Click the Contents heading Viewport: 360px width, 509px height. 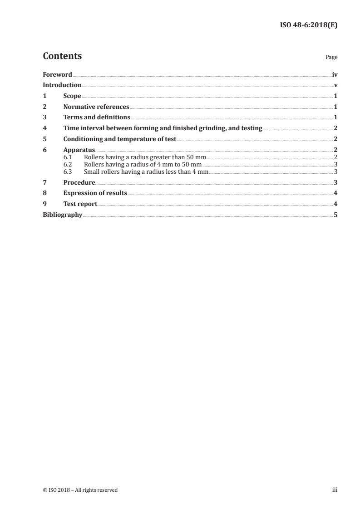tap(62, 56)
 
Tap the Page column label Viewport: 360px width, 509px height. tap(331, 58)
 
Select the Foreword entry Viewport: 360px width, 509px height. tap(57, 74)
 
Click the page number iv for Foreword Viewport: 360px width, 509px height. tap(335, 74)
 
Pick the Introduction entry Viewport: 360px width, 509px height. tap(62, 85)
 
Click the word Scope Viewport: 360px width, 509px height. tap(72, 96)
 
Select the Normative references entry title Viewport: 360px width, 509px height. tap(96, 107)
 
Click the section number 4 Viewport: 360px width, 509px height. tap(44, 128)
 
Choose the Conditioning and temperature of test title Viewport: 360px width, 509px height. tap(119, 139)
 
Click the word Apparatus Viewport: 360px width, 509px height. tap(79, 150)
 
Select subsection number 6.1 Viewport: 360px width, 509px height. tap(68, 157)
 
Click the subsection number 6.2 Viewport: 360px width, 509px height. tap(68, 164)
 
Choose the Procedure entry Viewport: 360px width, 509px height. tap(79, 182)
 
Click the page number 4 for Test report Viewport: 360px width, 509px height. tap(335, 204)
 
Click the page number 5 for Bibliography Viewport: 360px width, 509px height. tap(335, 215)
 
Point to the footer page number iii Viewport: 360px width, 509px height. tap(335, 490)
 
